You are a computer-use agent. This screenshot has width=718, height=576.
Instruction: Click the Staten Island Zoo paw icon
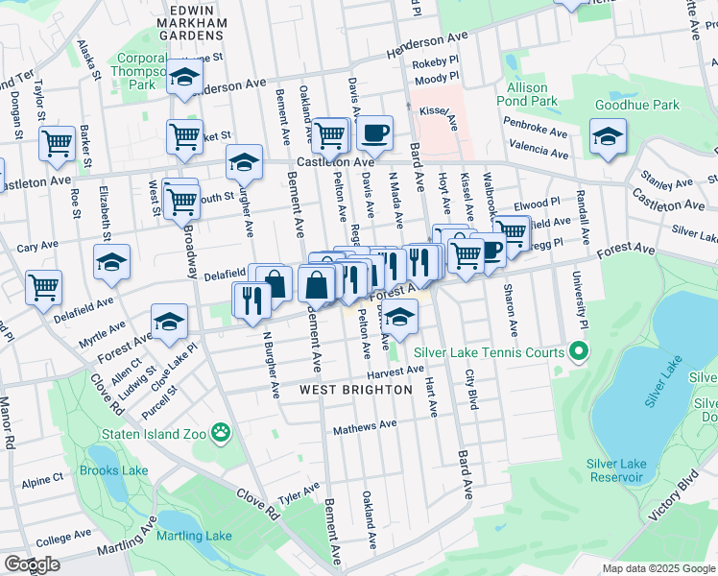223,433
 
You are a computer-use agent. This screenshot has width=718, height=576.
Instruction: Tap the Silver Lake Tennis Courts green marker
578,352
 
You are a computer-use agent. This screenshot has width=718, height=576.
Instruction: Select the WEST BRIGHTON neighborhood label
355,390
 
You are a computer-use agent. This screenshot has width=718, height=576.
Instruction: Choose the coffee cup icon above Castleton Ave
374,132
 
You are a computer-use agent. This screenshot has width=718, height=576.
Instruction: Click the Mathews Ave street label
364,426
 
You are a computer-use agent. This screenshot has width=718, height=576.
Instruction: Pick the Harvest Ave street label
395,372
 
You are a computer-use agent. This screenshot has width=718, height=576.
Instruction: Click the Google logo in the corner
32,564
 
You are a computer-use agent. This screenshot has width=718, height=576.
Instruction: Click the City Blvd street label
471,389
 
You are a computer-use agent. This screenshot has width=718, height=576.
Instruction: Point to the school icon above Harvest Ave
398,317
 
